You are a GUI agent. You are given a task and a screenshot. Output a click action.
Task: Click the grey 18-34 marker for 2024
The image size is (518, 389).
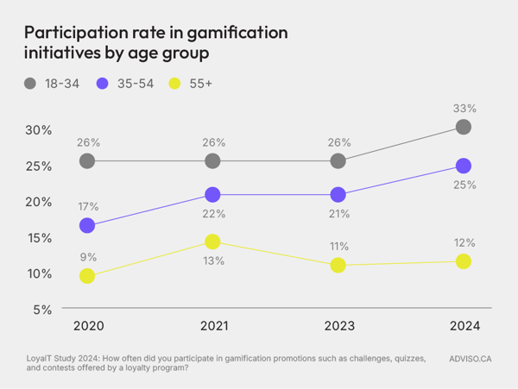(x=464, y=127)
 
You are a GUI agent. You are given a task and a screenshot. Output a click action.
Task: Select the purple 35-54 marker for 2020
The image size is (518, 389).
(x=87, y=226)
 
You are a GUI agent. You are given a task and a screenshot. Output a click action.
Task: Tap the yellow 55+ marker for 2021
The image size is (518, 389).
(x=213, y=242)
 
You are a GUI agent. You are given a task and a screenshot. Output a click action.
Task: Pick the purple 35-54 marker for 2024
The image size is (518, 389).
(x=464, y=166)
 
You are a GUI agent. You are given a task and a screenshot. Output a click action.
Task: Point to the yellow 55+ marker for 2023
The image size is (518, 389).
(x=338, y=266)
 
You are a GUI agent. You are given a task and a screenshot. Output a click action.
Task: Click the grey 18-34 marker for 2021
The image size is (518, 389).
(x=213, y=161)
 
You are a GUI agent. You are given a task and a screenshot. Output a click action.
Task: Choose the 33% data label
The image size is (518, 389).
(x=464, y=108)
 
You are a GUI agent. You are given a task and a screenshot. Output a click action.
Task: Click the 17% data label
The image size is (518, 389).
(x=87, y=207)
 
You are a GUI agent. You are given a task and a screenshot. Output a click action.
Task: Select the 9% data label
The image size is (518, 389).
(x=87, y=257)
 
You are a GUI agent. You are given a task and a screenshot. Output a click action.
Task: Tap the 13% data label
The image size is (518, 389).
(x=213, y=260)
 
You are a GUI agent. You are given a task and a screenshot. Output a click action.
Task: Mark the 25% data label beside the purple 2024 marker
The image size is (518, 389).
(x=464, y=185)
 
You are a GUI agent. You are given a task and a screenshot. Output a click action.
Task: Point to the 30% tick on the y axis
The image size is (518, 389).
(x=38, y=130)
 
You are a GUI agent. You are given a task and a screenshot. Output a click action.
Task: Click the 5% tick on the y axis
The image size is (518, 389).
(x=41, y=310)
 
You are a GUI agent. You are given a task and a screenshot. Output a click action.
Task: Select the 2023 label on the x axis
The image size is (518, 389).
(x=338, y=326)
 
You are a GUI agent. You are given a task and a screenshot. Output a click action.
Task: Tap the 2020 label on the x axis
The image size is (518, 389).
(x=87, y=326)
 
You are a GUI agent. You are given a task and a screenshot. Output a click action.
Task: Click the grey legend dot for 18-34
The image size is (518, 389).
(x=30, y=83)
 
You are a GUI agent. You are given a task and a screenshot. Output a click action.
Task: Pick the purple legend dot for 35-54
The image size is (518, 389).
(x=103, y=83)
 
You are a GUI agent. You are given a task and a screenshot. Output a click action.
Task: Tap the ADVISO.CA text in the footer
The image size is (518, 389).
(x=471, y=357)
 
